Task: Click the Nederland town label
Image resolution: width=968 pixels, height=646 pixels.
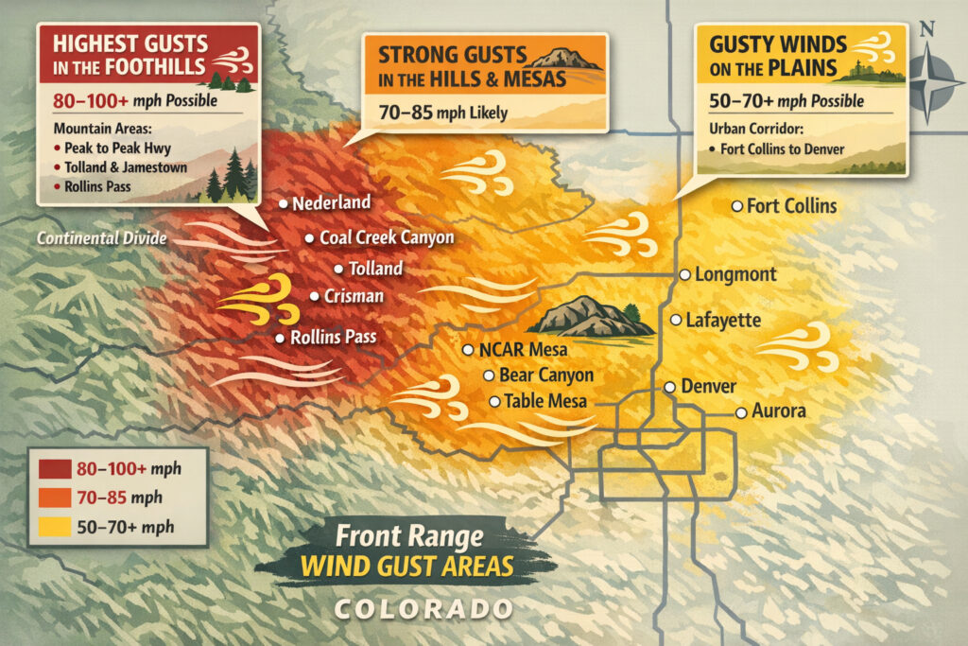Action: coord(331,203)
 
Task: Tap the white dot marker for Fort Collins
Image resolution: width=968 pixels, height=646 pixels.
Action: coord(736,206)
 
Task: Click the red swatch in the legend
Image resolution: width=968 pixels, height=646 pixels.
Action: coord(57,468)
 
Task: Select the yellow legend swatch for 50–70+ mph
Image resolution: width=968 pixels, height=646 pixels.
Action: coord(57,527)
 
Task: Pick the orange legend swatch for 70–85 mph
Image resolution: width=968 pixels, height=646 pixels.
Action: coord(57,498)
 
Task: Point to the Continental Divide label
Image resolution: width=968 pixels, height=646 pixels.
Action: coord(101,238)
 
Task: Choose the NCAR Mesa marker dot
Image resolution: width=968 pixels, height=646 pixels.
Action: coord(467,349)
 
